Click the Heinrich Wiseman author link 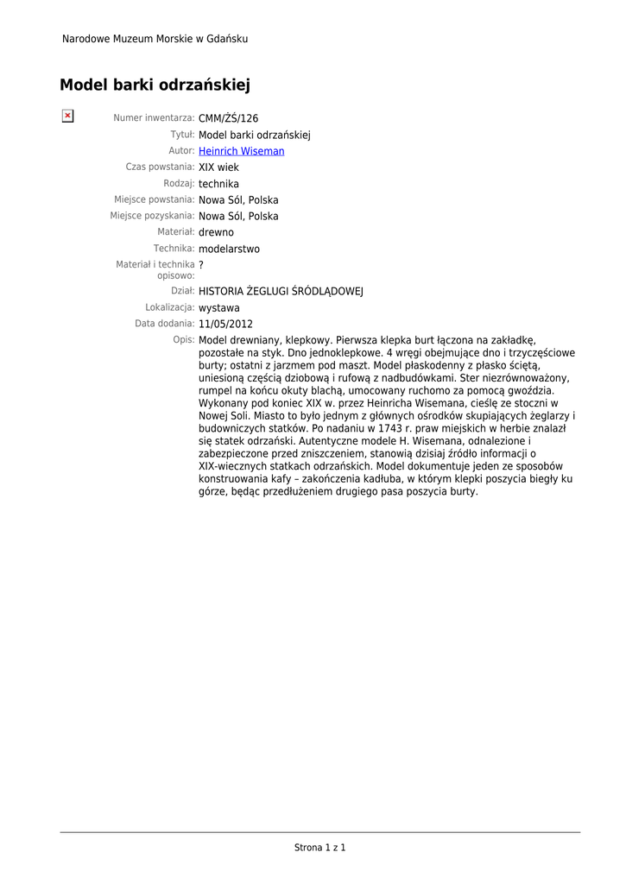click(241, 151)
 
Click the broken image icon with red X click(66, 116)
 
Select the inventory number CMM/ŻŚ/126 click(228, 118)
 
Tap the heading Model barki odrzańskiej click(155, 85)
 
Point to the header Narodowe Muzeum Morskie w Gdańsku click(155, 39)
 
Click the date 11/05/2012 click(225, 324)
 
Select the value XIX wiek click(218, 167)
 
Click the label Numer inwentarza click(154, 118)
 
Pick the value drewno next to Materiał click(216, 232)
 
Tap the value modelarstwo click(229, 249)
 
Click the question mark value click(201, 264)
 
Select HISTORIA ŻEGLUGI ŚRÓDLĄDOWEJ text click(281, 292)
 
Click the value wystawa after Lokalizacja click(219, 307)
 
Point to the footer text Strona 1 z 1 click(319, 848)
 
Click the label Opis click(183, 340)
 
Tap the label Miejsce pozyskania click(151, 216)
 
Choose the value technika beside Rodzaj click(218, 184)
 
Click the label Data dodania click(164, 324)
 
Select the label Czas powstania click(160, 167)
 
